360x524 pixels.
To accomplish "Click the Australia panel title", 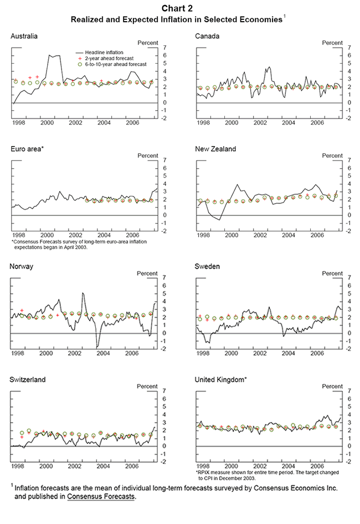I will pos(24,36).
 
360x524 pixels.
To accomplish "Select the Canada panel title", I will pos(208,36).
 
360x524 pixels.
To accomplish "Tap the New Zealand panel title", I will pos(215,149).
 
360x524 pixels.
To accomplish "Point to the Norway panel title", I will pos(22,266).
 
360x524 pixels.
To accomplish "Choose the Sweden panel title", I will pos(208,266).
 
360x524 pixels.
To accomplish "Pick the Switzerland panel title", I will pos(28,379).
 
